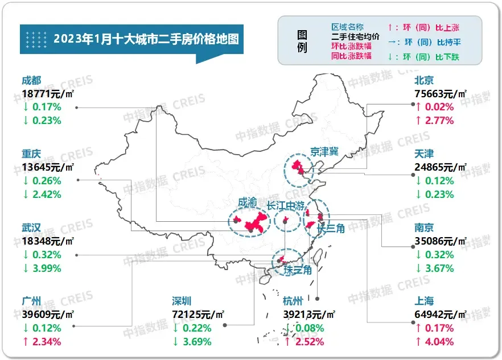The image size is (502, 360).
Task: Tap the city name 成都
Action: pyautogui.click(x=32, y=80)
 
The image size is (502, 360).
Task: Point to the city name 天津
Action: pyautogui.click(x=425, y=154)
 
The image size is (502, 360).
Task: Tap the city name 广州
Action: pyautogui.click(x=32, y=301)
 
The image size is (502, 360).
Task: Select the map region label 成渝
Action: pyautogui.click(x=248, y=202)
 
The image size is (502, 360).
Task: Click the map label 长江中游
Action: pyautogui.click(x=294, y=205)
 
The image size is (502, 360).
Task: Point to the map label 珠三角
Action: pyautogui.click(x=298, y=271)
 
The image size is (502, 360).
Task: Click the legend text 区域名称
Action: pyautogui.click(x=347, y=27)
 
